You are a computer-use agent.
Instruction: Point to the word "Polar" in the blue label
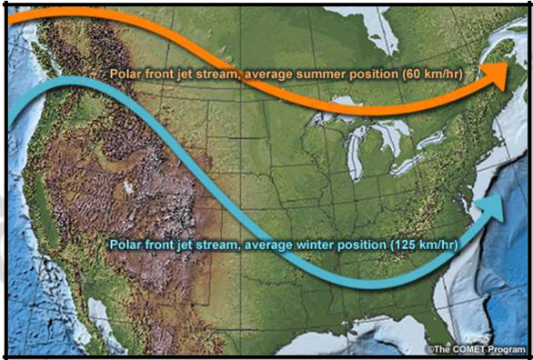pyautogui.click(x=126, y=245)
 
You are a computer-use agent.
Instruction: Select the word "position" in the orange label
pyautogui.click(x=373, y=73)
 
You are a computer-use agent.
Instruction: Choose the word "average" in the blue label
pyautogui.click(x=263, y=245)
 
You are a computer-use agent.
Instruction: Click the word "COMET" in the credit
pyautogui.click(x=468, y=348)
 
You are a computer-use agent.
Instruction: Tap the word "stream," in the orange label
pyautogui.click(x=218, y=73)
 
